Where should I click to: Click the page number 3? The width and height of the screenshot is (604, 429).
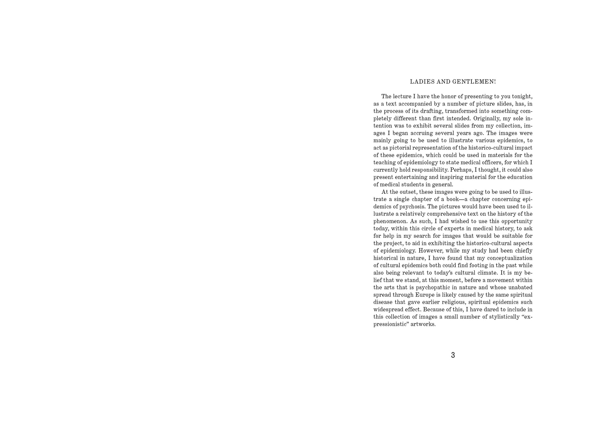[453, 355]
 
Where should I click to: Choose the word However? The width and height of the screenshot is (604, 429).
[431, 251]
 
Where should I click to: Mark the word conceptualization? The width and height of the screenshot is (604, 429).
[510, 258]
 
